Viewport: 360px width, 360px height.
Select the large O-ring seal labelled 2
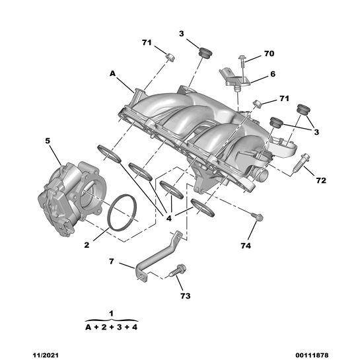(x=122, y=214)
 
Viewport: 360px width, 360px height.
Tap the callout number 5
(x=47, y=141)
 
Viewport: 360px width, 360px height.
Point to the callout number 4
(x=169, y=217)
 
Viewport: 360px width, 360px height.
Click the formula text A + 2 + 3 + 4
(x=111, y=326)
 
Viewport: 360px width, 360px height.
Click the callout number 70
(x=269, y=54)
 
